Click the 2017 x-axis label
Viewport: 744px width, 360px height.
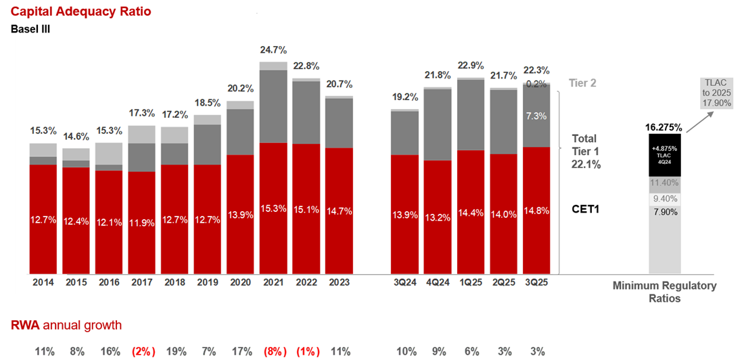141,282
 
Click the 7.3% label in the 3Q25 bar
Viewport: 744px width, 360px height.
537,116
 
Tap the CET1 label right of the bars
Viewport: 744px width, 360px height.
587,209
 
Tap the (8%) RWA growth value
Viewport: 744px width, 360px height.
273,351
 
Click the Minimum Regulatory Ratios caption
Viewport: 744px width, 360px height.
664,292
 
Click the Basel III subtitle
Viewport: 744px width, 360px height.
30,29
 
